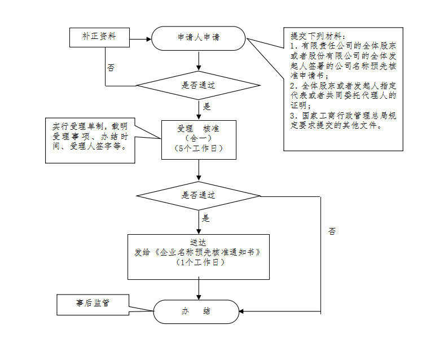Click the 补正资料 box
click(99, 37)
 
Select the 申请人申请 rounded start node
click(198, 38)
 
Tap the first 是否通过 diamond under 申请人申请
click(198, 86)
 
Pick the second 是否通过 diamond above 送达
click(198, 196)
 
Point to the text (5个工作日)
click(199, 148)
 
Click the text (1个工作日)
click(198, 262)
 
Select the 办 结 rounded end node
click(196, 311)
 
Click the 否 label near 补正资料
click(111, 67)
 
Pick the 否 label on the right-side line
click(332, 231)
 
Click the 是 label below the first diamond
click(207, 106)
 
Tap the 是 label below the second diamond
click(206, 218)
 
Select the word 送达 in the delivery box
click(198, 242)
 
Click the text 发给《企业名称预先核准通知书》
click(198, 252)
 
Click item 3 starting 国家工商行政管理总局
click(342, 121)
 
